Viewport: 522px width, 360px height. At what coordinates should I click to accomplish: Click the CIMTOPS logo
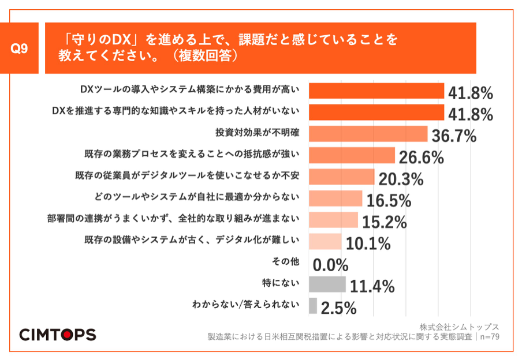coord(58,334)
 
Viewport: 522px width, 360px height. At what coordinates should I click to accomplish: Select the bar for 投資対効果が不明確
coord(368,134)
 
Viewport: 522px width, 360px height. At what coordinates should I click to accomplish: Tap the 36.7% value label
coord(454,136)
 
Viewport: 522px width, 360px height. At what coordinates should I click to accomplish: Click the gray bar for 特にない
coord(327,284)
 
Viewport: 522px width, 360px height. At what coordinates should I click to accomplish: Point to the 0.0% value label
coord(331,265)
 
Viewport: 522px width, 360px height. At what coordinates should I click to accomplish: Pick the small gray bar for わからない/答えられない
coord(313,305)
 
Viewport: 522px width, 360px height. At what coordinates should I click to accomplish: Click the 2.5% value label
coord(338,308)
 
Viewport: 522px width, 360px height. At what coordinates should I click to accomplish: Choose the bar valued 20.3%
coord(342,177)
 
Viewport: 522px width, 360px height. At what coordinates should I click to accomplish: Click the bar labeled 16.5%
coord(335,198)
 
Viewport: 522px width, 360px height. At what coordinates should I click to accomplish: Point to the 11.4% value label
coord(371,286)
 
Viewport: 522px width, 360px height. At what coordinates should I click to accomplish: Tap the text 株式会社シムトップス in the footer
coord(459,327)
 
